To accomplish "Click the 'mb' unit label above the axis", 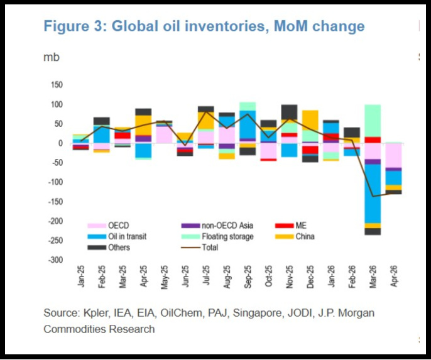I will (51, 57).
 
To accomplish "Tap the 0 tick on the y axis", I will (61, 143).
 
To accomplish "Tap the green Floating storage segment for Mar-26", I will (373, 120).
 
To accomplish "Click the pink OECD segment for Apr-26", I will (393, 155).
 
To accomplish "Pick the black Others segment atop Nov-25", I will (289, 111).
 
